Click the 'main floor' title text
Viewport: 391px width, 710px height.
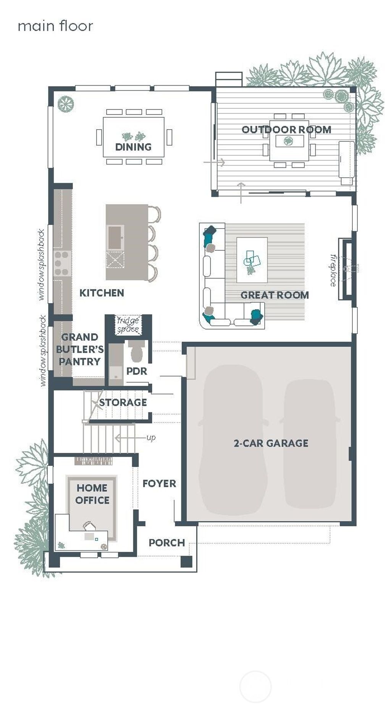coord(55,26)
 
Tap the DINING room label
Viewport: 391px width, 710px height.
coord(133,147)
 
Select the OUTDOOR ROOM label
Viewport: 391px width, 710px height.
coord(286,130)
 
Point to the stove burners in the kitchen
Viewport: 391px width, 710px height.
coord(62,263)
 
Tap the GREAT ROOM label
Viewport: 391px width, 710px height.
coord(275,295)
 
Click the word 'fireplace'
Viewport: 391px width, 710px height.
coord(333,270)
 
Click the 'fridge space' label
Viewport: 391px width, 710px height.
coord(128,325)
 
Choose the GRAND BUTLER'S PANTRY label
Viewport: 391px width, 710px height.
coord(79,349)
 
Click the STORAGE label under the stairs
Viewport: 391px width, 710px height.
coord(123,402)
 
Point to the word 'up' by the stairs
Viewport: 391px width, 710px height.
coord(151,438)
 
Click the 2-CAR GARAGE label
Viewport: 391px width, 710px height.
coord(271,443)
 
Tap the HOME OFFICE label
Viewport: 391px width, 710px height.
coord(92,494)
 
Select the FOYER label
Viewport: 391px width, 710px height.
coord(159,484)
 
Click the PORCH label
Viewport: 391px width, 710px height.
coord(166,543)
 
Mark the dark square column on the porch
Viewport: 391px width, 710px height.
coord(186,561)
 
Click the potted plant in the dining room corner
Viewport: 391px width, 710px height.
coord(66,104)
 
